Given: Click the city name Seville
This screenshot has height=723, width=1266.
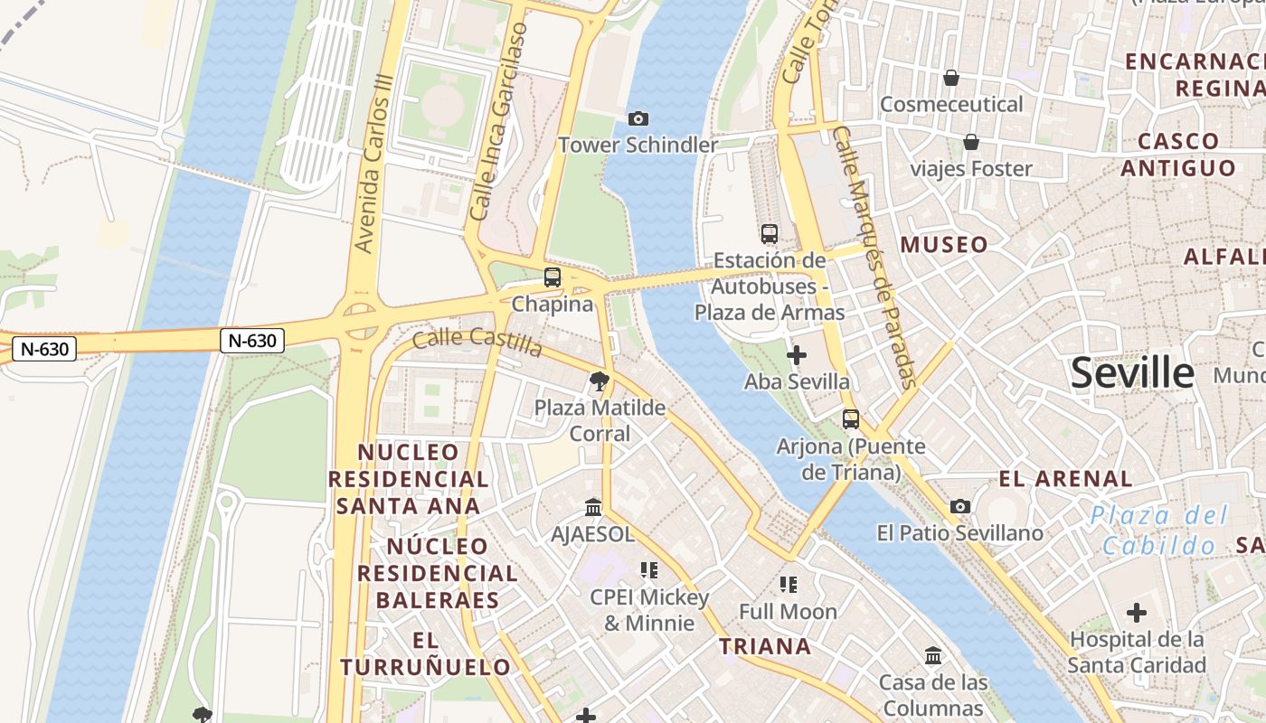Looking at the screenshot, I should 1132,373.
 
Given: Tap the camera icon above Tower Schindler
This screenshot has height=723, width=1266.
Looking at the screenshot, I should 638,118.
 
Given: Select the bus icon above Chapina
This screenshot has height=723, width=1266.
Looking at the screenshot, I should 553,277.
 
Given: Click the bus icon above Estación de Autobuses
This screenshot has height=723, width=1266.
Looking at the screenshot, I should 770,234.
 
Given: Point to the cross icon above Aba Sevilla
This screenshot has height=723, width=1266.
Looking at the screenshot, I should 797,355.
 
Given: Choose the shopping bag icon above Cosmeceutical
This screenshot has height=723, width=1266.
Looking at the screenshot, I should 951,78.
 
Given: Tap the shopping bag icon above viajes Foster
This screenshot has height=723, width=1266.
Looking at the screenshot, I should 971,142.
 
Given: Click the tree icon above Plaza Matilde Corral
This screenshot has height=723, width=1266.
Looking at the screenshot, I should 599,380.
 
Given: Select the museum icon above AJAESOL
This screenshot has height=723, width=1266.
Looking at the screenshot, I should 593,507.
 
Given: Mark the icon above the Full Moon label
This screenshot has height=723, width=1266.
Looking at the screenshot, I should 789,585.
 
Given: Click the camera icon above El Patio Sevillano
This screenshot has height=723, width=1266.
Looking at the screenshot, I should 960,506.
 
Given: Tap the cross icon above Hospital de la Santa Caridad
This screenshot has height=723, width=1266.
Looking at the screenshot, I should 1137,613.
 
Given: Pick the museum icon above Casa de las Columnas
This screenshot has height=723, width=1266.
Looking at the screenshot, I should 933,655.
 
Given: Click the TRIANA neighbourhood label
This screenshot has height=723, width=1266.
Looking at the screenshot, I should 765,646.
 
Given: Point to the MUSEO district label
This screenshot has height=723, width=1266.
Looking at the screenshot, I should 944,245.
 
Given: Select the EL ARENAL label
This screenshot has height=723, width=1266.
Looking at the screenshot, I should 1065,479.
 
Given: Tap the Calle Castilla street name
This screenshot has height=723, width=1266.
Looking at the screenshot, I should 477,343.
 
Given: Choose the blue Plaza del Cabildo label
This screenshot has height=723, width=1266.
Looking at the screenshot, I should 1159,531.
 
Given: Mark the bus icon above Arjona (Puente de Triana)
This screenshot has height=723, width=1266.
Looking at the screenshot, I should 851,419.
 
